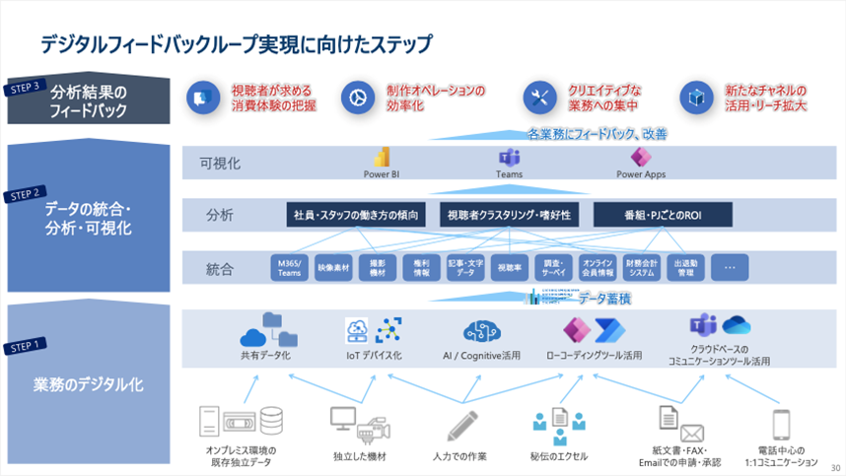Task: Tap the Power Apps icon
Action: click(643, 158)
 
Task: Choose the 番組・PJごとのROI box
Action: click(662, 214)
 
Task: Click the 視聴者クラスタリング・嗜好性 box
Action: click(509, 214)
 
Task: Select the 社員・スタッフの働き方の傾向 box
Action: click(356, 214)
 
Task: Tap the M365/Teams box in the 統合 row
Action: click(290, 267)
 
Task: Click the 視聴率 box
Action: click(509, 267)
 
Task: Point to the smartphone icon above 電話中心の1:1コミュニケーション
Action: click(782, 425)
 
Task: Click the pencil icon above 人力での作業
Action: click(461, 425)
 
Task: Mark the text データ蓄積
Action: click(604, 298)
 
